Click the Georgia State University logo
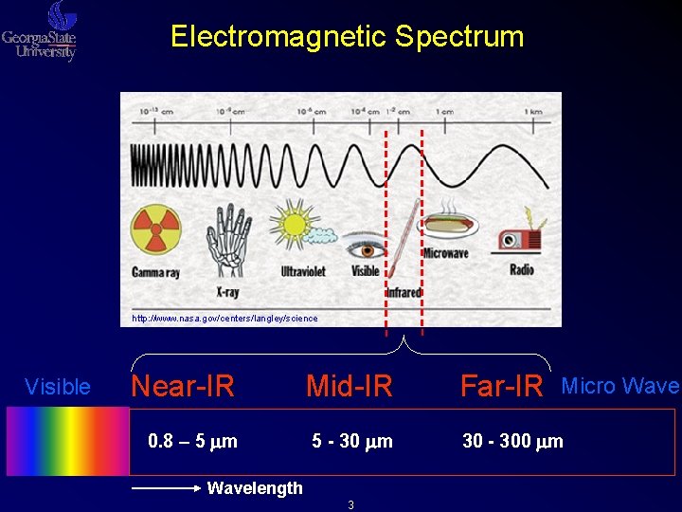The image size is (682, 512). pos(41,31)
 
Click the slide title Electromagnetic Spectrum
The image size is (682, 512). pos(347,37)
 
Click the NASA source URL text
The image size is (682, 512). pos(224,319)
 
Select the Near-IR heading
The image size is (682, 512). pos(183,387)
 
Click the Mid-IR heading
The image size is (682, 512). pos(349,387)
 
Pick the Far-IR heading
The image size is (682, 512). pos(501,387)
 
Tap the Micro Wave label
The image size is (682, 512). pos(620,386)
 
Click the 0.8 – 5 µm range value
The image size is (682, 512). pos(193,441)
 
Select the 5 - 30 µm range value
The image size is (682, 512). pos(352,441)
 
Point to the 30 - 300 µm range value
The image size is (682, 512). pos(512,441)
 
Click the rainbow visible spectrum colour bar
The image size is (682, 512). pos(67,441)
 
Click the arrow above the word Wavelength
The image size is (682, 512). pos(166,488)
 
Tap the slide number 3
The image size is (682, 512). pos(350,505)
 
